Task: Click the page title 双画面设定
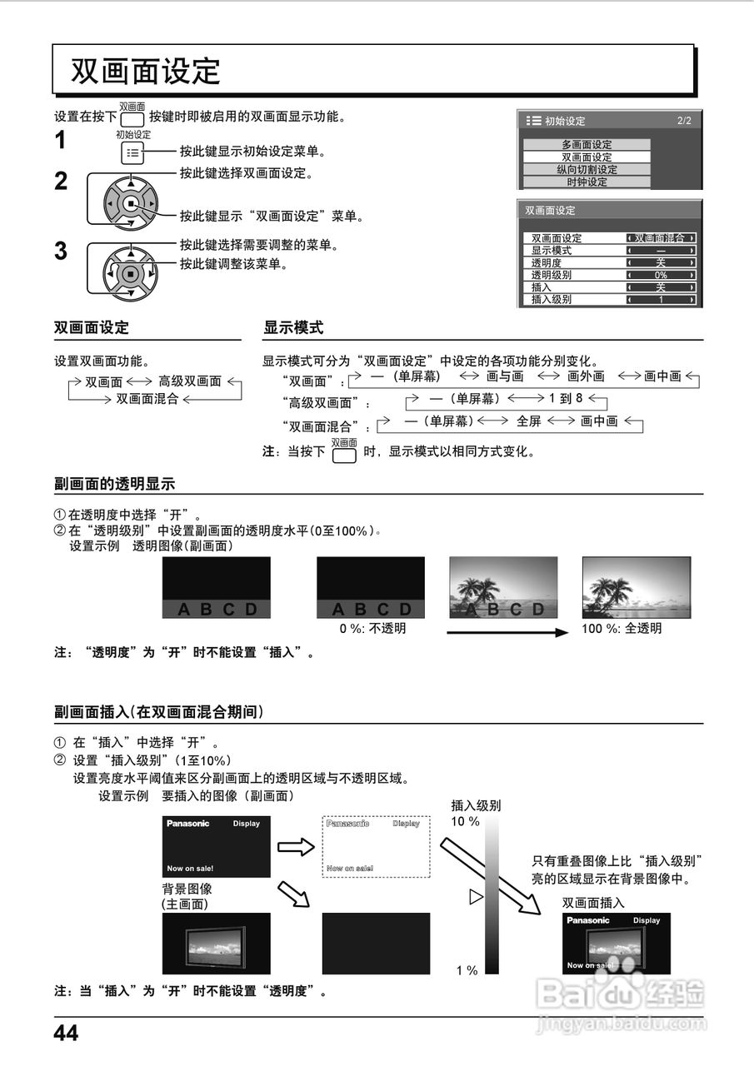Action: [146, 71]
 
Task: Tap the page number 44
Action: [66, 1034]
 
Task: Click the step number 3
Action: [61, 252]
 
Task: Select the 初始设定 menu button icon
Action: [132, 153]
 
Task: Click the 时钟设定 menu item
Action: [587, 182]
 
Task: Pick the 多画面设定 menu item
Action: [587, 145]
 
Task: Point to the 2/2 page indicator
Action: [684, 121]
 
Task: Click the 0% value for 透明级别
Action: [661, 275]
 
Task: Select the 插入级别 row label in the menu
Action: [552, 300]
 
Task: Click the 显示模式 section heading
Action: [293, 328]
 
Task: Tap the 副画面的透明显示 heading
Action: [114, 484]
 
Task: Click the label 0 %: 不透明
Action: [372, 629]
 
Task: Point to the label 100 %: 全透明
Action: [622, 629]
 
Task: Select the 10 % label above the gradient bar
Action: [465, 821]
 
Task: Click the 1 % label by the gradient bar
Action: [467, 970]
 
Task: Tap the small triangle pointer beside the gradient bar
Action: [476, 897]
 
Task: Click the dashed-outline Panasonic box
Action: [376, 846]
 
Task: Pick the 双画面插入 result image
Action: [617, 944]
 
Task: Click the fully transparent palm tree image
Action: [635, 587]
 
